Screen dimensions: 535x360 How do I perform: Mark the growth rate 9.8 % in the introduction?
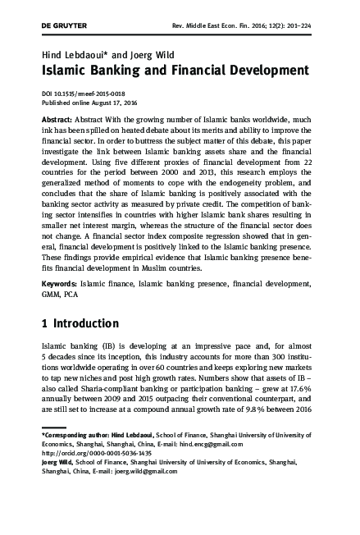coord(255,413)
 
